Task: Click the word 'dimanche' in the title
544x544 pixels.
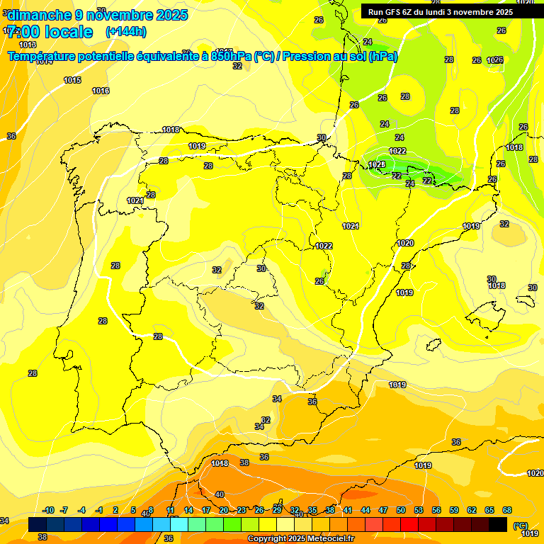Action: coord(36,15)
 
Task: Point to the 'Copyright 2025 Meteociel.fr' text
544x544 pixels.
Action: coord(301,538)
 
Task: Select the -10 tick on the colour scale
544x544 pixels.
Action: coord(49,510)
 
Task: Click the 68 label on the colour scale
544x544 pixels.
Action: coord(507,510)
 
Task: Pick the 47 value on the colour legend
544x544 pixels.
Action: coord(383,510)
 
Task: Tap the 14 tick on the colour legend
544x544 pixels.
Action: coord(188,510)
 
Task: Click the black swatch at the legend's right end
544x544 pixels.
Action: coord(498,524)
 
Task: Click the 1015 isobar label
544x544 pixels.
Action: coord(72,80)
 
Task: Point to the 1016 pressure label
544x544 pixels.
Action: coord(101,91)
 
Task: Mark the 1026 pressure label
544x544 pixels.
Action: coord(494,60)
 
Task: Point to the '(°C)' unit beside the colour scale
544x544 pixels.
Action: coord(521,526)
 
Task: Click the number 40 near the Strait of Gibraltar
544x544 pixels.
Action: coord(220,494)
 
